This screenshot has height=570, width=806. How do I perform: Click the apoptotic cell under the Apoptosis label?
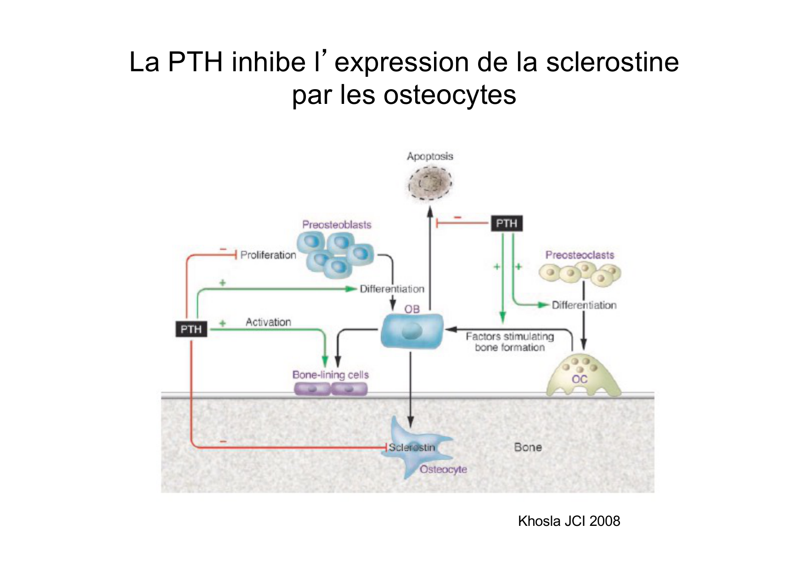click(430, 183)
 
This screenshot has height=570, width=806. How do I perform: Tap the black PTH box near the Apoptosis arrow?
click(507, 223)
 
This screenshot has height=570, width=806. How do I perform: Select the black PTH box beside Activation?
click(191, 329)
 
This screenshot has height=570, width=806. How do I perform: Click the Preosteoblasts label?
click(337, 225)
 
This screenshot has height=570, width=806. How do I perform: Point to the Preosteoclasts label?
click(580, 255)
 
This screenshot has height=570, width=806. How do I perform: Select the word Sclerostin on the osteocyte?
click(411, 447)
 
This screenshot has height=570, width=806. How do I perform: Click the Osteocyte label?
click(443, 469)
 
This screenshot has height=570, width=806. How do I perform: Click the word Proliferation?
click(268, 255)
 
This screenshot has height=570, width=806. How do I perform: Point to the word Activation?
click(268, 322)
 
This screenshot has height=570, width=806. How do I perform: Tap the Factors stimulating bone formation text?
click(510, 342)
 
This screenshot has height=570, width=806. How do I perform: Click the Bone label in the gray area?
click(528, 447)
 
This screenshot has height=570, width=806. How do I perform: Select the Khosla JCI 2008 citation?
click(569, 521)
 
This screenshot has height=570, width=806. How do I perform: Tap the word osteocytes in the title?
click(450, 95)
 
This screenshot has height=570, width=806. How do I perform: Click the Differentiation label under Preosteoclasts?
click(584, 305)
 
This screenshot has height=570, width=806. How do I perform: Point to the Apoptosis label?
click(430, 156)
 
